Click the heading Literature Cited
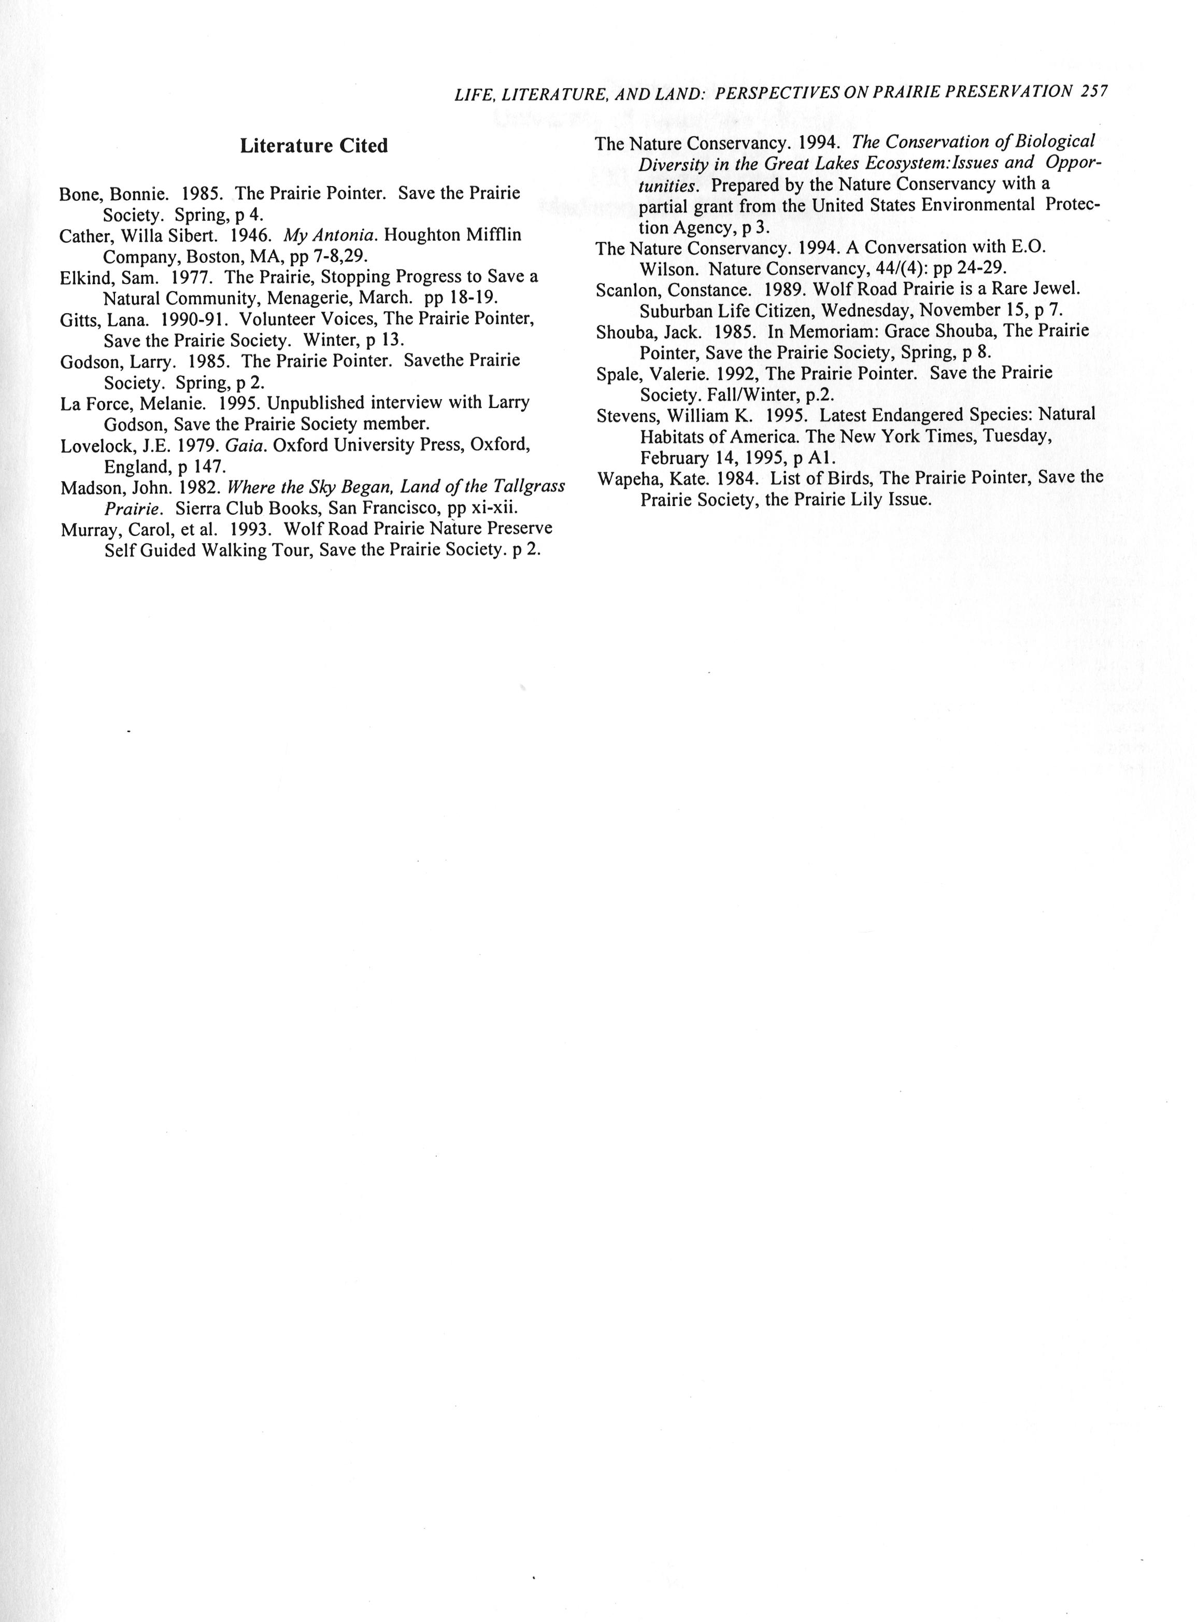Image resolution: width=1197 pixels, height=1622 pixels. click(313, 146)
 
